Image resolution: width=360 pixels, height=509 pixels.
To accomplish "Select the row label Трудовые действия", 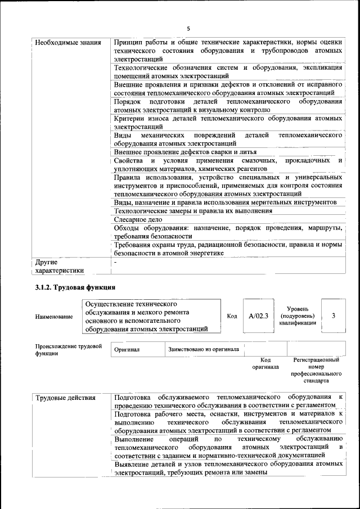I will [x=65, y=398].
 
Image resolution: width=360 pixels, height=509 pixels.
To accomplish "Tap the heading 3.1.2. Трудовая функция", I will [x=75, y=287].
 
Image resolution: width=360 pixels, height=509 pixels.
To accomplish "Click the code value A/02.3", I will [x=259, y=316].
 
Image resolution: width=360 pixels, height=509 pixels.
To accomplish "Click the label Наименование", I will [x=54, y=317].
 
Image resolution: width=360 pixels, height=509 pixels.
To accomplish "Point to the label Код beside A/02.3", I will [x=231, y=316].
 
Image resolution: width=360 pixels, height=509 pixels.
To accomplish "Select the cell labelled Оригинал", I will [x=127, y=349].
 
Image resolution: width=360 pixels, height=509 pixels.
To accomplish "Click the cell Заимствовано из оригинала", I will [x=203, y=349].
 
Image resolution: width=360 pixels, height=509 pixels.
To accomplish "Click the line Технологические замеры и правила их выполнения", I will [x=193, y=210].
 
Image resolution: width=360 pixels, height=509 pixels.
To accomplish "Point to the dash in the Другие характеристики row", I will [x=115, y=262].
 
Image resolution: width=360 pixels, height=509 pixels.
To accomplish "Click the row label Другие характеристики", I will [x=59, y=266].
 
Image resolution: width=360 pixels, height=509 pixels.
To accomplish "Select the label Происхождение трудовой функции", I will [x=68, y=350].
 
